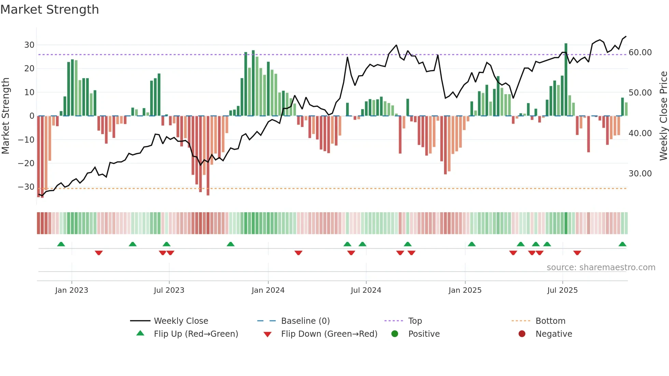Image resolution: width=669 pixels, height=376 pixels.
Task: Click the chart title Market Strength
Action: click(49, 10)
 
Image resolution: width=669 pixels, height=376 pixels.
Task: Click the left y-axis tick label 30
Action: click(29, 45)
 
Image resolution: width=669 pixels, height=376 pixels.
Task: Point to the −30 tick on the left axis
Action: click(26, 187)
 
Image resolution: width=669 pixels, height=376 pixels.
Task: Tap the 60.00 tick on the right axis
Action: click(640, 53)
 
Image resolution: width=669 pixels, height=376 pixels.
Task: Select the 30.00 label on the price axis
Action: click(640, 174)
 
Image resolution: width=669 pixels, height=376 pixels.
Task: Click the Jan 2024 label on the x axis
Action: click(268, 290)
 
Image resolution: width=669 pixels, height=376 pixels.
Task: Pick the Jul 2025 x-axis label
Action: click(562, 290)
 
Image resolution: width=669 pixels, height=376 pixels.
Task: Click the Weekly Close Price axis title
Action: click(663, 116)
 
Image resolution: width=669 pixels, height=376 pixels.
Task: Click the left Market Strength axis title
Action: click(5, 116)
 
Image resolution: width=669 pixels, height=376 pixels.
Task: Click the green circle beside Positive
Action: click(395, 334)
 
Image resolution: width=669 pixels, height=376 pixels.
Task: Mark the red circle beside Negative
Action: click(522, 334)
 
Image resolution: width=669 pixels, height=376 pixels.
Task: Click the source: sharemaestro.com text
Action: click(601, 267)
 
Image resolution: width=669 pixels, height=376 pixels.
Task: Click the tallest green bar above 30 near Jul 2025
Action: click(566, 79)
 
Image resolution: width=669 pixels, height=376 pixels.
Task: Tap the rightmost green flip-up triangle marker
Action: click(622, 244)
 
